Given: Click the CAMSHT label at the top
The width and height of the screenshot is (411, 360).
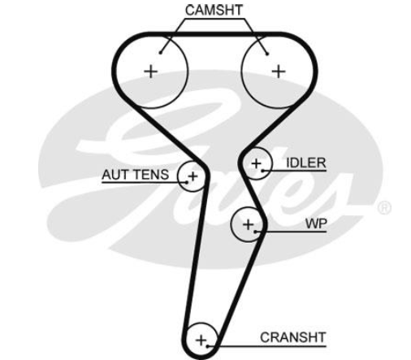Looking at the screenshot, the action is coord(214,11).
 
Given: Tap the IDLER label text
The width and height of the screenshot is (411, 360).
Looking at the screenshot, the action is coord(306,163).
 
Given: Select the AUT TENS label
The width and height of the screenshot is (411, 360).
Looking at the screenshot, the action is coord(136,175).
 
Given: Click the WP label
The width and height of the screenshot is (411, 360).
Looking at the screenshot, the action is coord(316,223).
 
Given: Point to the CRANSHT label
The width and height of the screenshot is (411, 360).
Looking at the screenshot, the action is coord(292,337).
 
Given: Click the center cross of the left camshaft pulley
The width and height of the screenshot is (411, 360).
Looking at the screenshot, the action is coord(151,72).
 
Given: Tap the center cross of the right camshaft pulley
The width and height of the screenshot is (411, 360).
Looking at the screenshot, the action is coord(279,72).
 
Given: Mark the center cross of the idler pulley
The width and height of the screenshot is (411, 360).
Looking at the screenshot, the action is coord(256,163).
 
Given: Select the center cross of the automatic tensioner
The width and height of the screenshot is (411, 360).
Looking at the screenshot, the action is coord(193,176).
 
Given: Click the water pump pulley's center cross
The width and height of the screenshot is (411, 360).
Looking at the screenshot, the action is coord(249,224).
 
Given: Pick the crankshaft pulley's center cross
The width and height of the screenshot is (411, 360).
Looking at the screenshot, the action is coord(201,340).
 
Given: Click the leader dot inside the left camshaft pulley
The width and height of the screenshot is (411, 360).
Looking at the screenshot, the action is coord(160,53).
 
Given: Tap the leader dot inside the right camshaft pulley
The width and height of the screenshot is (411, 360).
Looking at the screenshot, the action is coord(267,54).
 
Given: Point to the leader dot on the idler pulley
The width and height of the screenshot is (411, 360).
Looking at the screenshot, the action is coord(262,171).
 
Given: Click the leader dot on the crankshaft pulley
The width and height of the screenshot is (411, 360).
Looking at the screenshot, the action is coord(207,346).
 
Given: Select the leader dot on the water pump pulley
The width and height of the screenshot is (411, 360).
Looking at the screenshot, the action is coord(255,232).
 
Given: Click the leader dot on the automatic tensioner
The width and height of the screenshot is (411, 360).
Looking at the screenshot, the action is coord(187,182).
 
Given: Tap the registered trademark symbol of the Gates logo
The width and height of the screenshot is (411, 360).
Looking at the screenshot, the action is coord(384,208).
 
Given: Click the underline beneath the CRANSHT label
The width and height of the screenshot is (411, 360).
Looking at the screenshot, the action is coord(266,346).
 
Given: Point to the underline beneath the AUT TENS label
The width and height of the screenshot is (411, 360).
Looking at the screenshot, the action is coord(145,183).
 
